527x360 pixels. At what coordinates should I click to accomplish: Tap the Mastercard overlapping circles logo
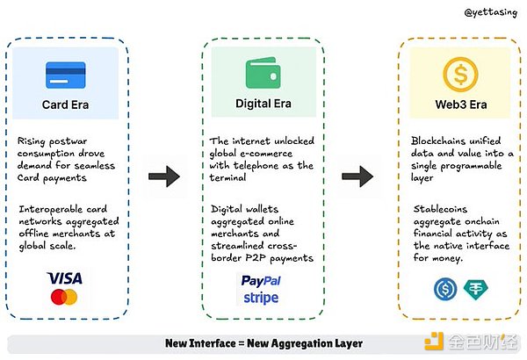point(64,298)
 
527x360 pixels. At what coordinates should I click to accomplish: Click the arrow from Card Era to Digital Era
point(162,176)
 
